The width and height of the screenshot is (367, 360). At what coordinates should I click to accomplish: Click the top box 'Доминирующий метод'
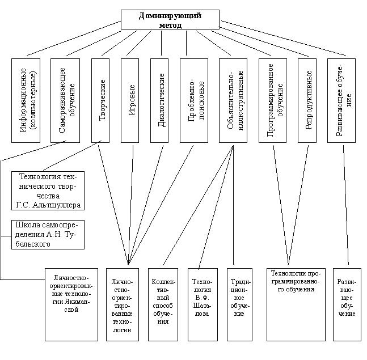tap(170, 19)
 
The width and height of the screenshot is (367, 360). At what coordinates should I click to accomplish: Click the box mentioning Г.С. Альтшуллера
tap(48, 190)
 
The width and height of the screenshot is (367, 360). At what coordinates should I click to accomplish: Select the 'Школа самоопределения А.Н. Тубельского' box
tap(48, 234)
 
